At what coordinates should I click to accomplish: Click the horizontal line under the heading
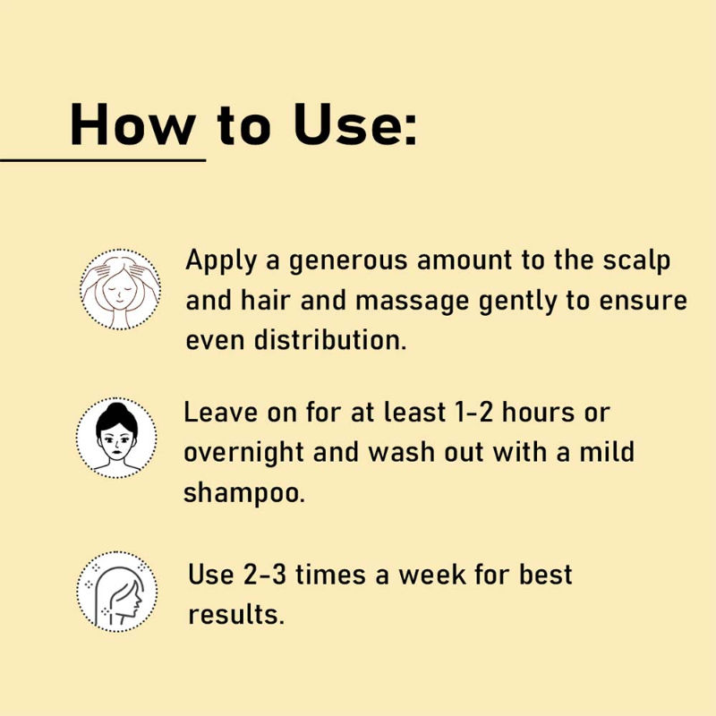point(103,160)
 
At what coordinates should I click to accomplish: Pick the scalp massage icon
point(120,288)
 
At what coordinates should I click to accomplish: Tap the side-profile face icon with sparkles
point(117,592)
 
